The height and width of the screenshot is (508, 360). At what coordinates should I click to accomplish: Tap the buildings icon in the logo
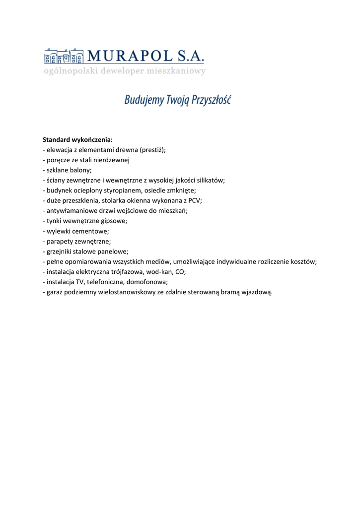(x=63, y=57)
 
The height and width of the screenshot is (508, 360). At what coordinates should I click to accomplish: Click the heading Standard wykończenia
(x=78, y=140)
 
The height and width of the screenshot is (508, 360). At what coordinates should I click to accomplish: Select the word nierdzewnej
(x=110, y=160)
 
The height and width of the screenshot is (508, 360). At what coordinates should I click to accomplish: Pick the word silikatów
(x=210, y=181)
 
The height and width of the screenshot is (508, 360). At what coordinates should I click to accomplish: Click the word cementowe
(x=91, y=231)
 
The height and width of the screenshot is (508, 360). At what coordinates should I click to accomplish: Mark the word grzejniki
(x=60, y=252)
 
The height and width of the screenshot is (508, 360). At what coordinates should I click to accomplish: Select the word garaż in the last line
(x=55, y=292)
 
